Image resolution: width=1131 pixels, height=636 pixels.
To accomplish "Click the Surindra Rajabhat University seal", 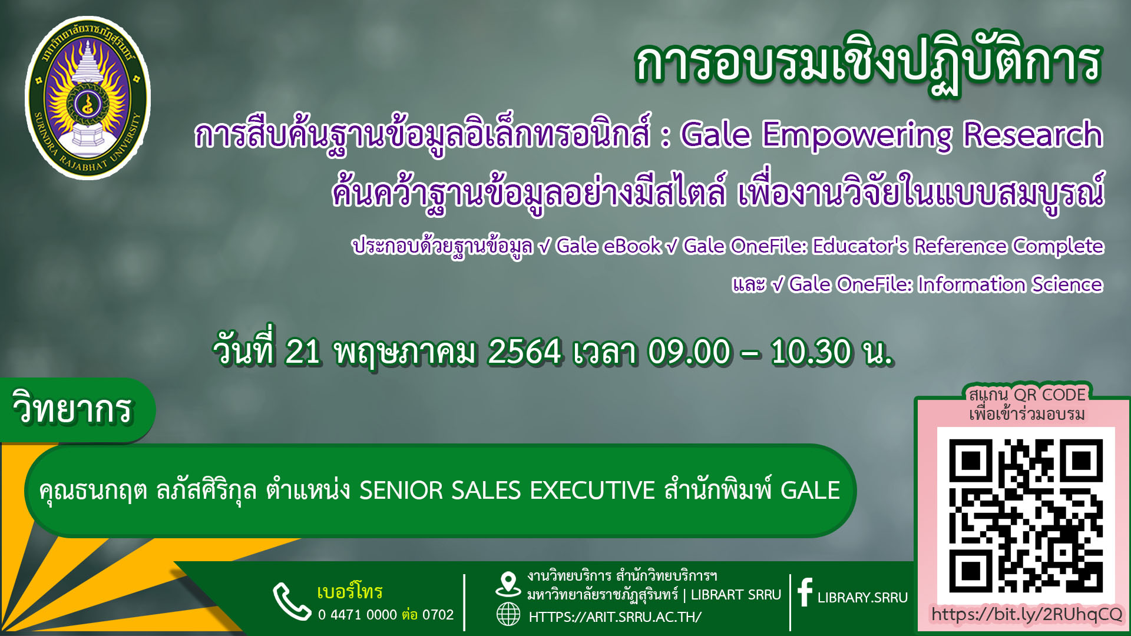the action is click(88, 98).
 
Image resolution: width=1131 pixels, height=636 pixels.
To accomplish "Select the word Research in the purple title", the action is click(1033, 134).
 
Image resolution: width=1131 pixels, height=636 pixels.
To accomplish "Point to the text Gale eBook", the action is click(609, 246).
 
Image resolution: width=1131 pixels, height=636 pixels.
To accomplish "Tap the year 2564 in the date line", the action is click(524, 352).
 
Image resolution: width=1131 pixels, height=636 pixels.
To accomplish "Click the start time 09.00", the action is click(689, 352).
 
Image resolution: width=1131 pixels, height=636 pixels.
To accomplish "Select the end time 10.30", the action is click(811, 352).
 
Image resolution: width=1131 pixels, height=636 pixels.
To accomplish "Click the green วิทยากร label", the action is click(74, 409).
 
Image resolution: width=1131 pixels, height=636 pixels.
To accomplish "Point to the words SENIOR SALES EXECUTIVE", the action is click(507, 491).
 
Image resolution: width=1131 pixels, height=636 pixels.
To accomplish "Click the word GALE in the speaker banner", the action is click(810, 491).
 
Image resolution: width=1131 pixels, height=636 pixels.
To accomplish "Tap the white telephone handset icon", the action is click(292, 601).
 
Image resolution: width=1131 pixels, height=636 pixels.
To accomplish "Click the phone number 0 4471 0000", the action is click(358, 615).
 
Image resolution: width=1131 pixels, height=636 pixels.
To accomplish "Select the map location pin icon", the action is click(508, 585).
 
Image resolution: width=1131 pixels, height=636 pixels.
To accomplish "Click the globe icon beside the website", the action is click(508, 615).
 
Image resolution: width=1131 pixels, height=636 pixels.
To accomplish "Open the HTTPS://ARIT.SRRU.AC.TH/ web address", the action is click(615, 617).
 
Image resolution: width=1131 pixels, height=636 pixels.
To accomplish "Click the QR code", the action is click(1026, 515).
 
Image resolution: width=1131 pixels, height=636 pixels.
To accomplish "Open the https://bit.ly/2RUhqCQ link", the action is click(1027, 614).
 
